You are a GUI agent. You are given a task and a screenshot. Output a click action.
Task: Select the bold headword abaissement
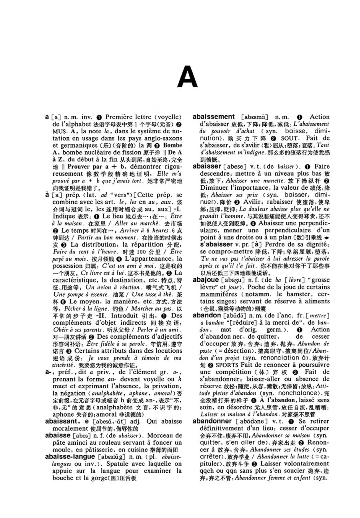[214, 117]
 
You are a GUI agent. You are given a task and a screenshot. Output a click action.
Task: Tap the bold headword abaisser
[207, 166]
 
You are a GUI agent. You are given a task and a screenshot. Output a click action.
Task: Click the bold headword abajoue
[206, 280]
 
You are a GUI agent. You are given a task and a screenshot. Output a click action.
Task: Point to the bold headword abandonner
[212, 421]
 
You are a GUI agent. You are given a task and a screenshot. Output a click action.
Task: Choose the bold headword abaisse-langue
[70, 456]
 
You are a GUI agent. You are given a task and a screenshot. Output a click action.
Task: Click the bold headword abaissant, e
[67, 421]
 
